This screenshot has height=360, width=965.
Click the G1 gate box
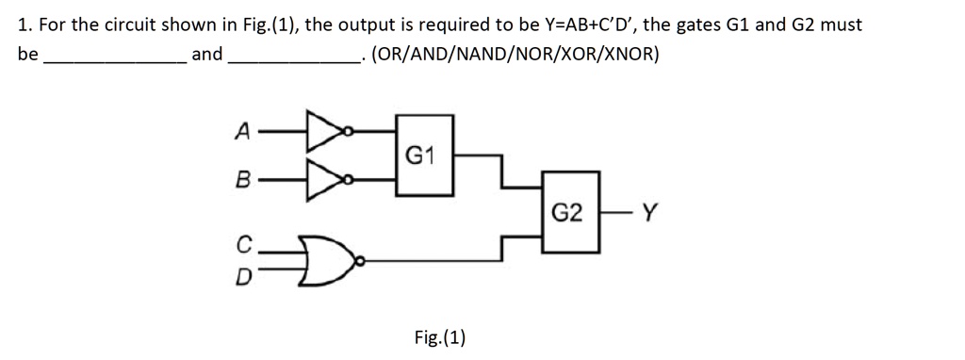[x=424, y=155]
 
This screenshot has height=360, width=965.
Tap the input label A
[x=243, y=133]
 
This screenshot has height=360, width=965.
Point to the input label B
[x=243, y=176]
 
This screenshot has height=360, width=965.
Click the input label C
[x=243, y=247]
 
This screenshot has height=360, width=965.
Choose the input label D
[x=243, y=278]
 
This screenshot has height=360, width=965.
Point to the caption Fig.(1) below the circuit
[x=440, y=336]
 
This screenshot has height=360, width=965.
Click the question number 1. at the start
[x=25, y=25]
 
